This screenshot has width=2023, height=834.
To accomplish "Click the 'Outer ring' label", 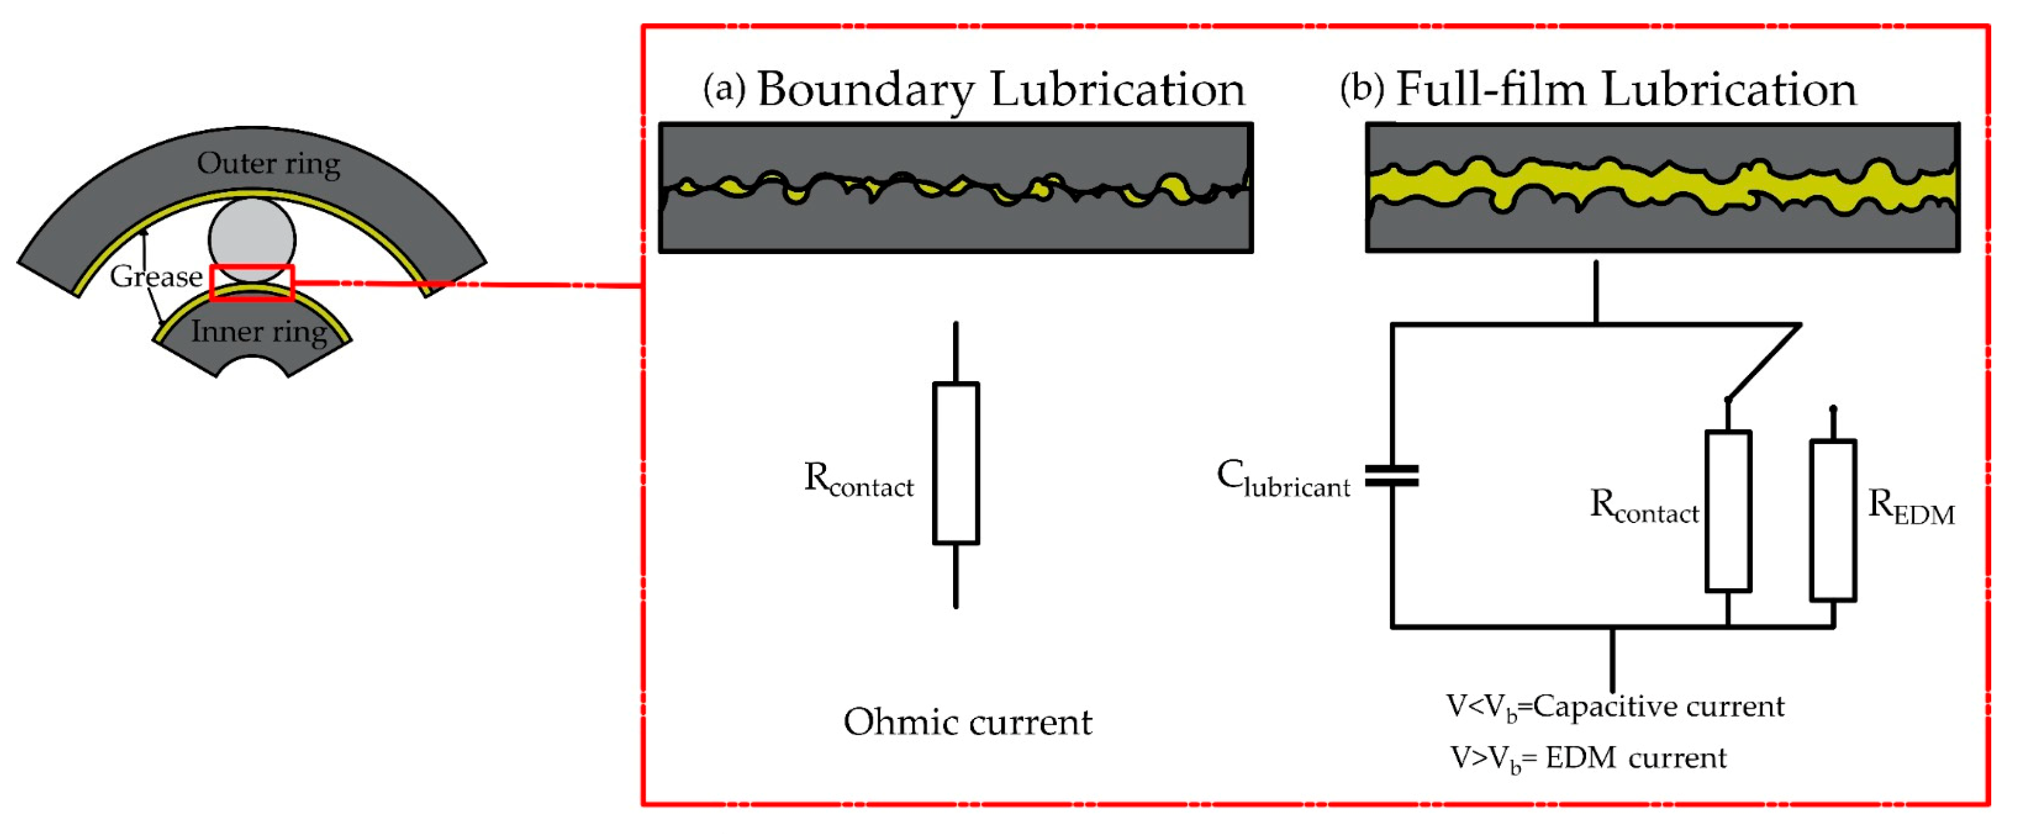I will pos(268,164).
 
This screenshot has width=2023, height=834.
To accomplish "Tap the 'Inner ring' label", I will pos(258,331).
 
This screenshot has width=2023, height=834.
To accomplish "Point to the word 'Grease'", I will pos(155,276).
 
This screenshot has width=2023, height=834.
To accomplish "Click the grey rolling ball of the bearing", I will pos(251,235).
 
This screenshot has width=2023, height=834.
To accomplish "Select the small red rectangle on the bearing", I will pos(251,283).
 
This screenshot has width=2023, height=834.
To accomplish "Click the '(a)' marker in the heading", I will pos(723,89).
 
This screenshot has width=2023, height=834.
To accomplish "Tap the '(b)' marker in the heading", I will pos(1362,89).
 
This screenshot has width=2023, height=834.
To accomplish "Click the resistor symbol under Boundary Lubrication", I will pos(955,463).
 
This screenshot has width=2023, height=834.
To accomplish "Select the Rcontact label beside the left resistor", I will pos(858,479).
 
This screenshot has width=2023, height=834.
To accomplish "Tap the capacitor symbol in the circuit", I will pos(1392,476).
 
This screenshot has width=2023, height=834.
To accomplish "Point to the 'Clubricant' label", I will pos(1283,478).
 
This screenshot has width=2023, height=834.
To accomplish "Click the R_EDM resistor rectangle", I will pos(1832,521).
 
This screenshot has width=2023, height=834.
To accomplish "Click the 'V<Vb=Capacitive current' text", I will pos(1615,707).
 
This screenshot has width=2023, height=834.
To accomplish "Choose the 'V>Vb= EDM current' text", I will pos(1587,759).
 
